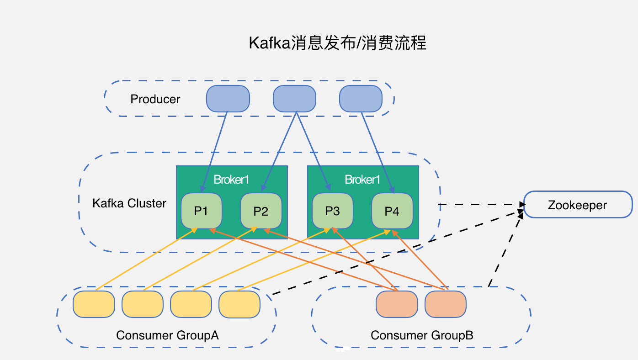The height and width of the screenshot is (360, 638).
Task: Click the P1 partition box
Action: (202, 211)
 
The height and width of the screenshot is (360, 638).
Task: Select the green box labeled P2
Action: (261, 211)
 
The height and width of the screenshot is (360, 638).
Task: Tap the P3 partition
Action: (333, 211)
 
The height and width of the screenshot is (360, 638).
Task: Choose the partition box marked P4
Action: (392, 211)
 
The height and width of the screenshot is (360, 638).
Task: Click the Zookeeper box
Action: (578, 205)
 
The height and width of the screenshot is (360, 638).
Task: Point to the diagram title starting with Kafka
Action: (337, 43)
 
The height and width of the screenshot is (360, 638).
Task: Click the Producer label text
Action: (155, 99)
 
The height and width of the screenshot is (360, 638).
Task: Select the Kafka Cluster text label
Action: (129, 203)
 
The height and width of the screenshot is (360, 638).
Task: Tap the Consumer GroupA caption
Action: (167, 335)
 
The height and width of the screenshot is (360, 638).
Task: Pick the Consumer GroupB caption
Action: (422, 335)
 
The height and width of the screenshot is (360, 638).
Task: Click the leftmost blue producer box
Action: (228, 99)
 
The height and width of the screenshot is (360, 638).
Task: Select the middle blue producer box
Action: (295, 99)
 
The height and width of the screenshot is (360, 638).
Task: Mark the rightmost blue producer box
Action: (361, 99)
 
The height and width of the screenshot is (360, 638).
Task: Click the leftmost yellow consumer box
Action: (94, 304)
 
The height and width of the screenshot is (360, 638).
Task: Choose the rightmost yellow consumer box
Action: (239, 304)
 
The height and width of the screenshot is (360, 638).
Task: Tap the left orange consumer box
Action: (397, 304)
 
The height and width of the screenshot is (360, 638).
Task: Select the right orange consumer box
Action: (446, 304)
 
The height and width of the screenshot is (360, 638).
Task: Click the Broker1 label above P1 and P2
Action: (231, 180)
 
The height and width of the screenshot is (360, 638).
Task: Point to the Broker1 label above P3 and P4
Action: (362, 180)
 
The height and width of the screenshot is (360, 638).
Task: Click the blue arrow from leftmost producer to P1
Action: (214, 151)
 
